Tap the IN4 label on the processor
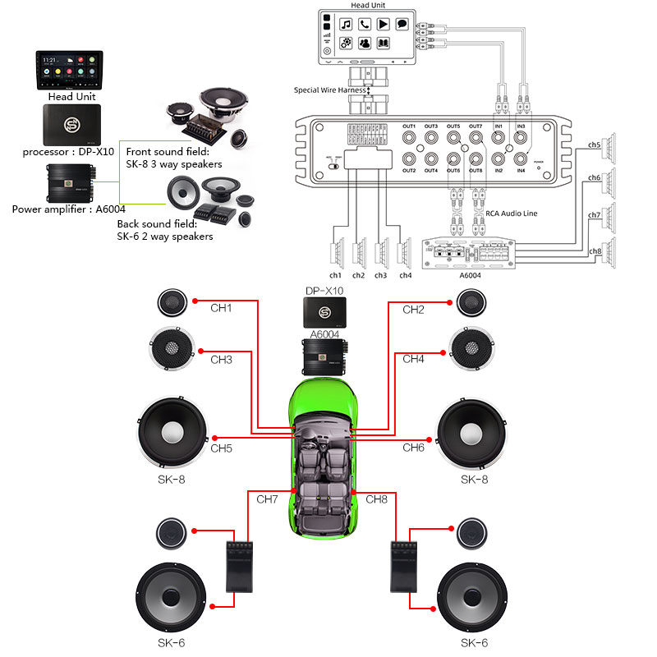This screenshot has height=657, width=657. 521,170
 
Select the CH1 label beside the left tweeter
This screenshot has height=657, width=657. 222,310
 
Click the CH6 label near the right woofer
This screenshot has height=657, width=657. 413,448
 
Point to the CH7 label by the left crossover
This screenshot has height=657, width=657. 268,498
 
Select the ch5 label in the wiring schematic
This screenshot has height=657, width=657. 595,145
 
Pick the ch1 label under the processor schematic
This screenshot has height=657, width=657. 336,275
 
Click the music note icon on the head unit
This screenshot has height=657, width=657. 347,24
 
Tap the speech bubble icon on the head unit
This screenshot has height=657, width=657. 402,24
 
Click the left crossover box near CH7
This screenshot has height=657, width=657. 239,567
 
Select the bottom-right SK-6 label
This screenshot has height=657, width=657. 474,642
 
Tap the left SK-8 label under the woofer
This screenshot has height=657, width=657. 171,479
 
